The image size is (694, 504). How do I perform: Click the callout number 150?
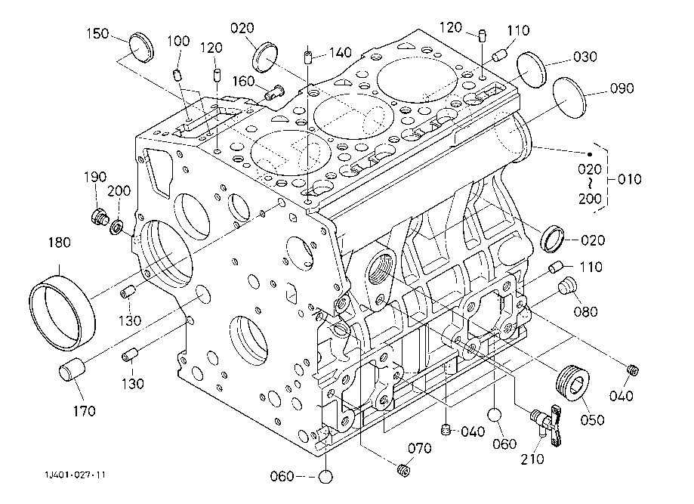click(x=97, y=33)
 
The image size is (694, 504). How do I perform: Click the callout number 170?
click(x=85, y=411)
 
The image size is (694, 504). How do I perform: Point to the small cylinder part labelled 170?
click(x=72, y=373)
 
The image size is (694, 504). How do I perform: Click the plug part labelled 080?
click(x=566, y=286)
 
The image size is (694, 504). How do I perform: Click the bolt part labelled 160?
click(x=273, y=93)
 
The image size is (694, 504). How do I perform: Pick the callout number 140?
click(x=340, y=53)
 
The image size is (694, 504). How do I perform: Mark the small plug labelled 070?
click(x=403, y=471)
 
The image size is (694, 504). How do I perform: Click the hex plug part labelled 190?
click(x=97, y=218)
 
